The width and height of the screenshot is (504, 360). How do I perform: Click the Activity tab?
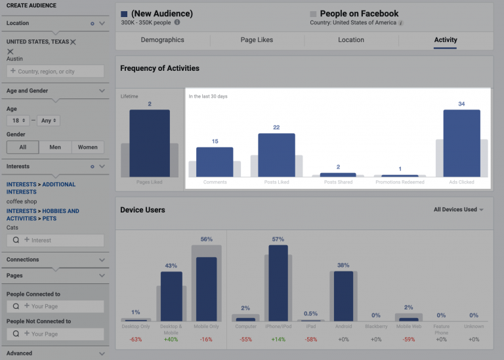pos(446,40)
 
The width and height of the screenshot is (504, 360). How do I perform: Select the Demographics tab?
pos(163,40)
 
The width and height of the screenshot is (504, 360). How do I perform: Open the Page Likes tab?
pos(257,40)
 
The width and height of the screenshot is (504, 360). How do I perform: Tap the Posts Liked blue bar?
pos(276,155)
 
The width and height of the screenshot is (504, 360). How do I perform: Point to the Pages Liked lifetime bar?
pos(150,143)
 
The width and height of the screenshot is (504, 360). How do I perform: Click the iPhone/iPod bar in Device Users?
pos(278,283)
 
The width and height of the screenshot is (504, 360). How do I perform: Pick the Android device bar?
pos(343,295)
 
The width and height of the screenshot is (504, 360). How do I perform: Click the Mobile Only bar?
pos(206,289)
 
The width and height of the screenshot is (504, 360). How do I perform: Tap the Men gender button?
pos(55,147)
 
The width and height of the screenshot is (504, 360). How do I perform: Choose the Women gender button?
pos(87,147)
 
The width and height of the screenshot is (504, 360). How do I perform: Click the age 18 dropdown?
pos(20,121)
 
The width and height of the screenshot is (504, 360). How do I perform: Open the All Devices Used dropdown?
pos(458,210)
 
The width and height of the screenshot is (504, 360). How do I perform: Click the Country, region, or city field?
pos(55,71)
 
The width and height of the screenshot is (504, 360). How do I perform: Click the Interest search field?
pos(55,240)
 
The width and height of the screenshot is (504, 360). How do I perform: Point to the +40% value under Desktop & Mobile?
pos(171,339)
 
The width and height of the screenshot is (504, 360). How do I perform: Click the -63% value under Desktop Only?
pos(136,339)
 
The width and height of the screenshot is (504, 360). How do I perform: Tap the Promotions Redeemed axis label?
pos(400,182)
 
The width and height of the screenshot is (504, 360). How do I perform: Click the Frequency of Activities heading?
pos(159,68)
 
